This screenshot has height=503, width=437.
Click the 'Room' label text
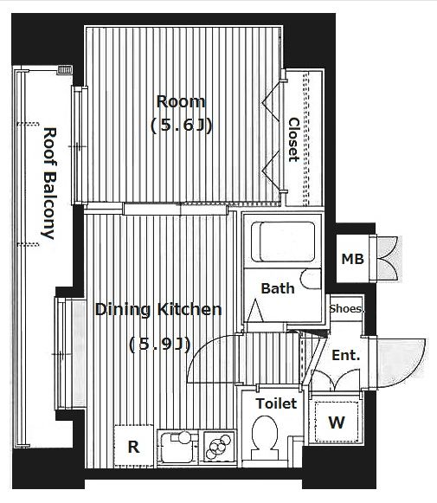click(181, 101)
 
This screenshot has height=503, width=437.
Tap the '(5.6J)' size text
click(181, 126)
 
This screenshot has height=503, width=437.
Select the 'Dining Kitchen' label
click(158, 310)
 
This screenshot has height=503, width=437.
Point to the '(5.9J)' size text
click(160, 345)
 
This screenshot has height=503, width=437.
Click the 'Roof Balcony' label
click(49, 184)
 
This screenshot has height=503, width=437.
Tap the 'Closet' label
click(293, 140)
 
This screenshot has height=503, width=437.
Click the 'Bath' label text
click(278, 288)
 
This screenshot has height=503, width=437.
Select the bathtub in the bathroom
click(282, 242)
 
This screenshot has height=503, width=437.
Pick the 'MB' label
click(352, 259)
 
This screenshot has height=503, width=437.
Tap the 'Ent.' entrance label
click(345, 356)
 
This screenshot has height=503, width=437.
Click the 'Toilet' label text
click(276, 403)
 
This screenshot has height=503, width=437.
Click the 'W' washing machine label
click(337, 422)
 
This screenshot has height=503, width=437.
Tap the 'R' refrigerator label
click(134, 447)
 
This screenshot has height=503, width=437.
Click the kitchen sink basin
click(177, 448)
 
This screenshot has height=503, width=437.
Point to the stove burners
click(218, 446)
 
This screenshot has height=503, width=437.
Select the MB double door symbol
click(388, 259)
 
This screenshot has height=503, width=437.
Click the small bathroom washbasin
click(311, 279)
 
